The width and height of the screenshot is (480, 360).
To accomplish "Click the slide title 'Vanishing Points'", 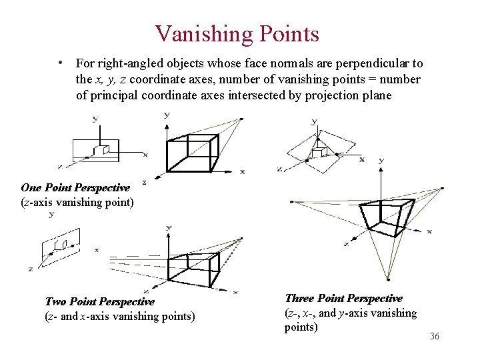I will coord(237,33).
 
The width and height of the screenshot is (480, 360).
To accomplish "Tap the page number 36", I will coord(435,337).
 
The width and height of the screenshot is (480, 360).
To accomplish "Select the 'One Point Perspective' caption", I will coord(75,188).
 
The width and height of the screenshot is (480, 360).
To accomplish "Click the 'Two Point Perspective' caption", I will coord(99,302).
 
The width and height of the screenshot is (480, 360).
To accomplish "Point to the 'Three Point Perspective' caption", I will coord(343,299).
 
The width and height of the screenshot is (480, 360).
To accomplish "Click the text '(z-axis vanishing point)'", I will coord(77,201).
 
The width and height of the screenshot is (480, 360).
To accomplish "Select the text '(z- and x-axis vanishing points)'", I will coord(120,316).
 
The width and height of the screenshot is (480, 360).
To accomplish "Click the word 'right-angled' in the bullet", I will coord(131,64).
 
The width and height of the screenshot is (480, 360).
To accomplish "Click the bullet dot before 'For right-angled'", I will coord(61,63).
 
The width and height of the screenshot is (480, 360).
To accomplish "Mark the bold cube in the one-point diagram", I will coord(193,154).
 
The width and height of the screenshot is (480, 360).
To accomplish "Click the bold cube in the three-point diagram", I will coord(377,218).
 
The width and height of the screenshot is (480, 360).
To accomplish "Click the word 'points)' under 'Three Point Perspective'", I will coord(301,327).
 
